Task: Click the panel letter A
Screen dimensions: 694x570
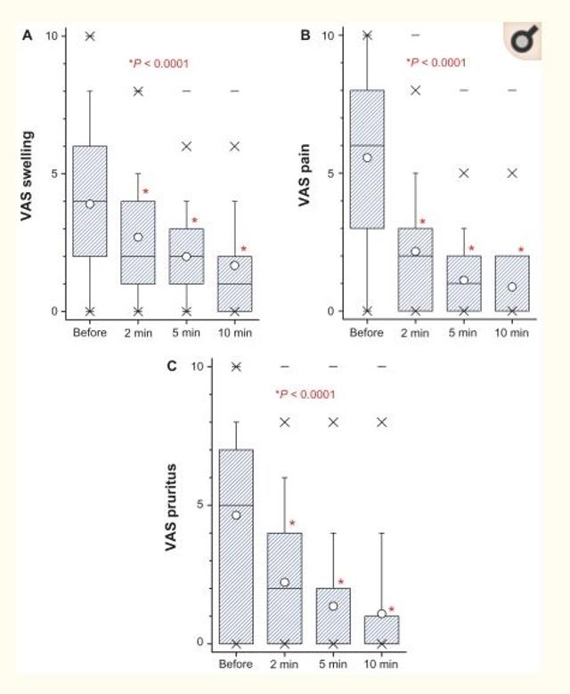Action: pyautogui.click(x=28, y=36)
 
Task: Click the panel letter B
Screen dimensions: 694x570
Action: pyautogui.click(x=305, y=36)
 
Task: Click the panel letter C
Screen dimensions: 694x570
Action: pyautogui.click(x=172, y=367)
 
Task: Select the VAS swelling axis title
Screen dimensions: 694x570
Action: pyautogui.click(x=28, y=173)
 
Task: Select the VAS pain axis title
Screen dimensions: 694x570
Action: pyautogui.click(x=305, y=173)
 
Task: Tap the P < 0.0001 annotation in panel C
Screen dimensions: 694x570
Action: pyautogui.click(x=305, y=394)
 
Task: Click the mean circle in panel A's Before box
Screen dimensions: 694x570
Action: pyautogui.click(x=90, y=204)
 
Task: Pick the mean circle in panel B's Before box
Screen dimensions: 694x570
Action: pyautogui.click(x=367, y=157)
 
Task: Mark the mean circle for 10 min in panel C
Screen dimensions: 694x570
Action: pyautogui.click(x=382, y=613)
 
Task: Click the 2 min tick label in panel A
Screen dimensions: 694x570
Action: pyautogui.click(x=138, y=332)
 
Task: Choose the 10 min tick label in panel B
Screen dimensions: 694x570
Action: pyautogui.click(x=512, y=332)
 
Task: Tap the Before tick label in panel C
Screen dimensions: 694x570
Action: pyautogui.click(x=236, y=663)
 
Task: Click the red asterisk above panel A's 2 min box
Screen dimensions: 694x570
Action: pyautogui.click(x=146, y=192)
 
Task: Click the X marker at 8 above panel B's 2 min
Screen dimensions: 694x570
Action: pyautogui.click(x=415, y=91)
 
